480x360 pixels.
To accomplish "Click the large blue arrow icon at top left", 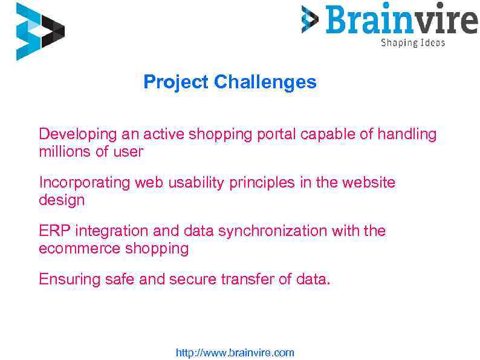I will [37, 31].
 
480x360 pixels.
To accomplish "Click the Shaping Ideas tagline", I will [412, 43].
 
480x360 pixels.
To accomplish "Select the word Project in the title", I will [176, 82].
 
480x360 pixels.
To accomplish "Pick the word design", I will [62, 200].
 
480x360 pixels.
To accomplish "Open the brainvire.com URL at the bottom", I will [235, 353].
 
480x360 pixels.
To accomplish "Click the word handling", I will [407, 134].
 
